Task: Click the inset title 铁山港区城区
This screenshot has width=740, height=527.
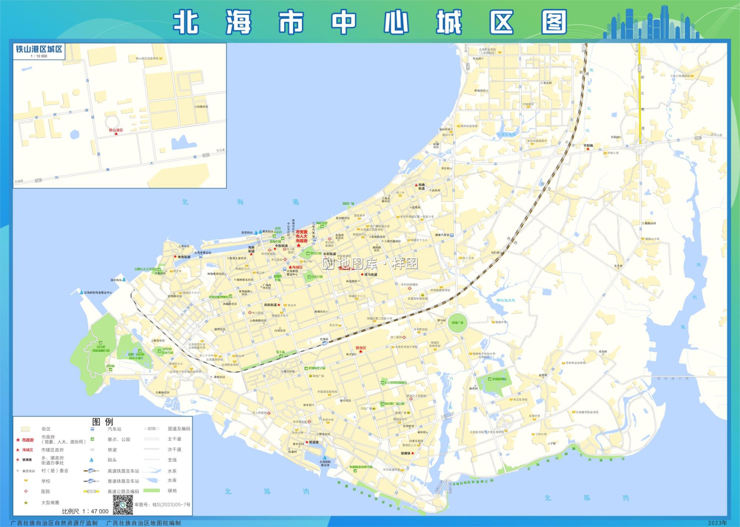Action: pos(39,49)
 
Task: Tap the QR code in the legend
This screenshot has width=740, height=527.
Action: pos(123,505)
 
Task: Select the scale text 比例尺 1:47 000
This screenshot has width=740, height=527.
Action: pos(85,511)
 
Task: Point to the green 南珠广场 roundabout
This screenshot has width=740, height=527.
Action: pos(457,323)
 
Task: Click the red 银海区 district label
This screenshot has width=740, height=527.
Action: pos(361,348)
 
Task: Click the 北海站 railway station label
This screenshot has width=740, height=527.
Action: pos(324,339)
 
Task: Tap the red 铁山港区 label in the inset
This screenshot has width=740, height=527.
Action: pos(116,130)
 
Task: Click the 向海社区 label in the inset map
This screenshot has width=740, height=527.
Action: pos(202,107)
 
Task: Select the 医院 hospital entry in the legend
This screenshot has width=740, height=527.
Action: pos(45,491)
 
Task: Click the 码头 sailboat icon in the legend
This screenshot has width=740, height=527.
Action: pos(92,460)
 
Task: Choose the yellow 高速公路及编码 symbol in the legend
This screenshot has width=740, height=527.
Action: pos(92,491)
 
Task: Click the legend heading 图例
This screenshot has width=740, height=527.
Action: pos(103,422)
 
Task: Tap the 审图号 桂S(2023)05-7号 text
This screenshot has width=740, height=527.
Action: pos(162,505)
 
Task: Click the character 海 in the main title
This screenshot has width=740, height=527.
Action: pos(239,23)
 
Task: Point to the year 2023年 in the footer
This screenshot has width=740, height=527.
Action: pos(717,523)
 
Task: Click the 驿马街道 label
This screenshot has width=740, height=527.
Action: pos(370,274)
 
